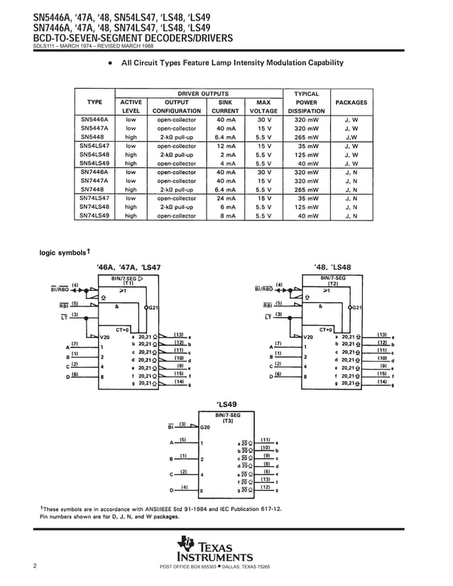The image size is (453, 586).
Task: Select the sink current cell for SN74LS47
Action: (226, 199)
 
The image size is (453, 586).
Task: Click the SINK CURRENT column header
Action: (225, 106)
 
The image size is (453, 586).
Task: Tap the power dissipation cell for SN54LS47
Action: (307, 146)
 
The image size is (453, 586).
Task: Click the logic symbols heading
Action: (64, 252)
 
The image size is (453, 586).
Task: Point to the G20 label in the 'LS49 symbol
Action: (205, 428)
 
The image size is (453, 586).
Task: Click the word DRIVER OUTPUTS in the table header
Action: (202, 94)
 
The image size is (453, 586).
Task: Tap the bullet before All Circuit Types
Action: (110, 64)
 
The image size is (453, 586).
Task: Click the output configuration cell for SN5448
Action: (176, 137)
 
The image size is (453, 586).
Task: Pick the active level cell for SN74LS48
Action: (131, 207)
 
